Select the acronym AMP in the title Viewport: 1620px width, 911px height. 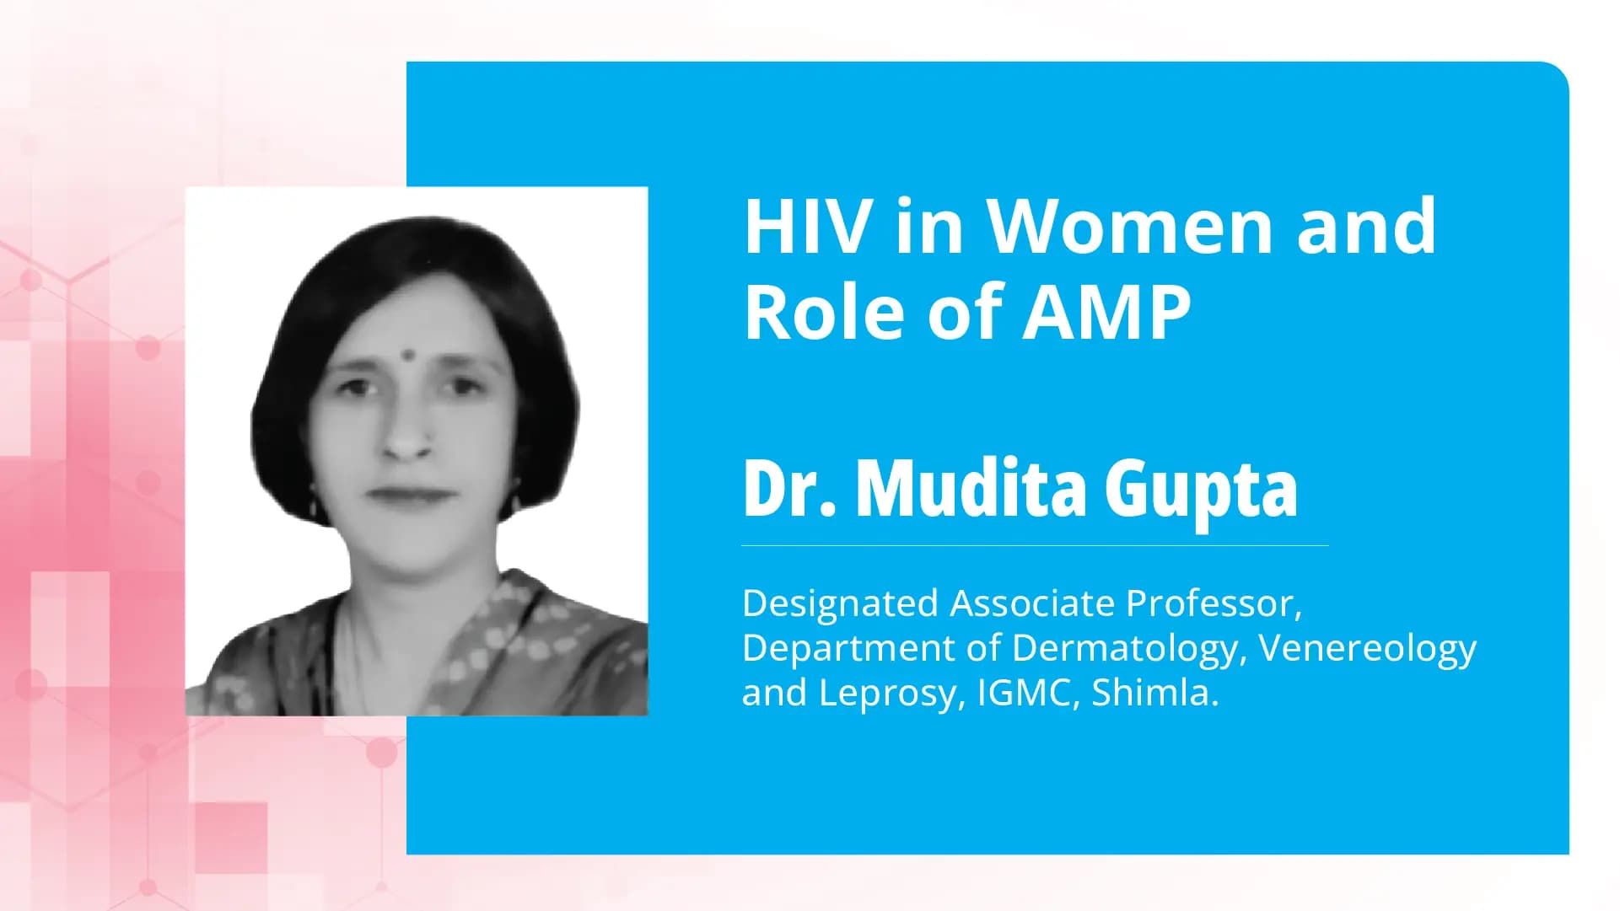1106,313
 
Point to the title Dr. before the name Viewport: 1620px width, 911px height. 789,489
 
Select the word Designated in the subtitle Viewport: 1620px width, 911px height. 840,604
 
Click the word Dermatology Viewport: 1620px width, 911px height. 1128,649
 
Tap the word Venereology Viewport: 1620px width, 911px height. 1367,649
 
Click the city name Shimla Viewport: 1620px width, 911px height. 1154,693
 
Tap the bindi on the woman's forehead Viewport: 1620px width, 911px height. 406,355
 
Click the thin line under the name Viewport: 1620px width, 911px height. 1035,546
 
